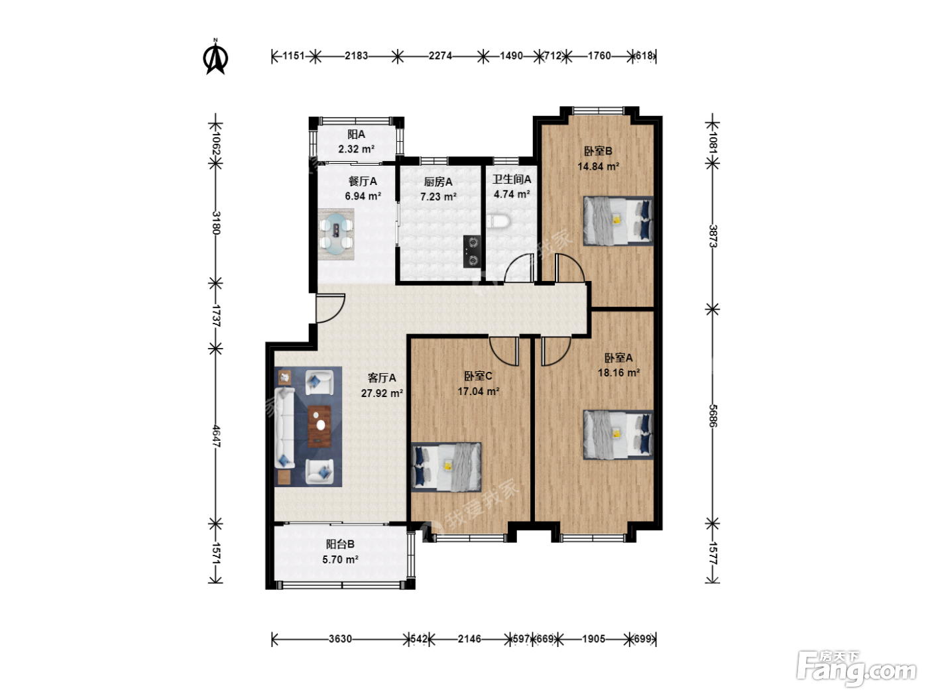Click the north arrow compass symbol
[215, 56]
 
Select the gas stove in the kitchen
[472, 251]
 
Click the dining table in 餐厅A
[336, 234]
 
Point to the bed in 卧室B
[618, 221]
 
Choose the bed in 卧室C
[446, 467]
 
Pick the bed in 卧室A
[618, 434]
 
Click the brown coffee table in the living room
[319, 426]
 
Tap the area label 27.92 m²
[382, 394]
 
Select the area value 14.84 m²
[599, 166]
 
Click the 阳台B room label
[340, 544]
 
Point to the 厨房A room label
[438, 182]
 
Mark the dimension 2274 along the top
[440, 56]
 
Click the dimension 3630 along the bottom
[340, 638]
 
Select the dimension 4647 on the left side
[215, 436]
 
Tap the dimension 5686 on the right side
[713, 416]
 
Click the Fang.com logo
[856, 667]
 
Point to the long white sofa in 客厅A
[284, 428]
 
